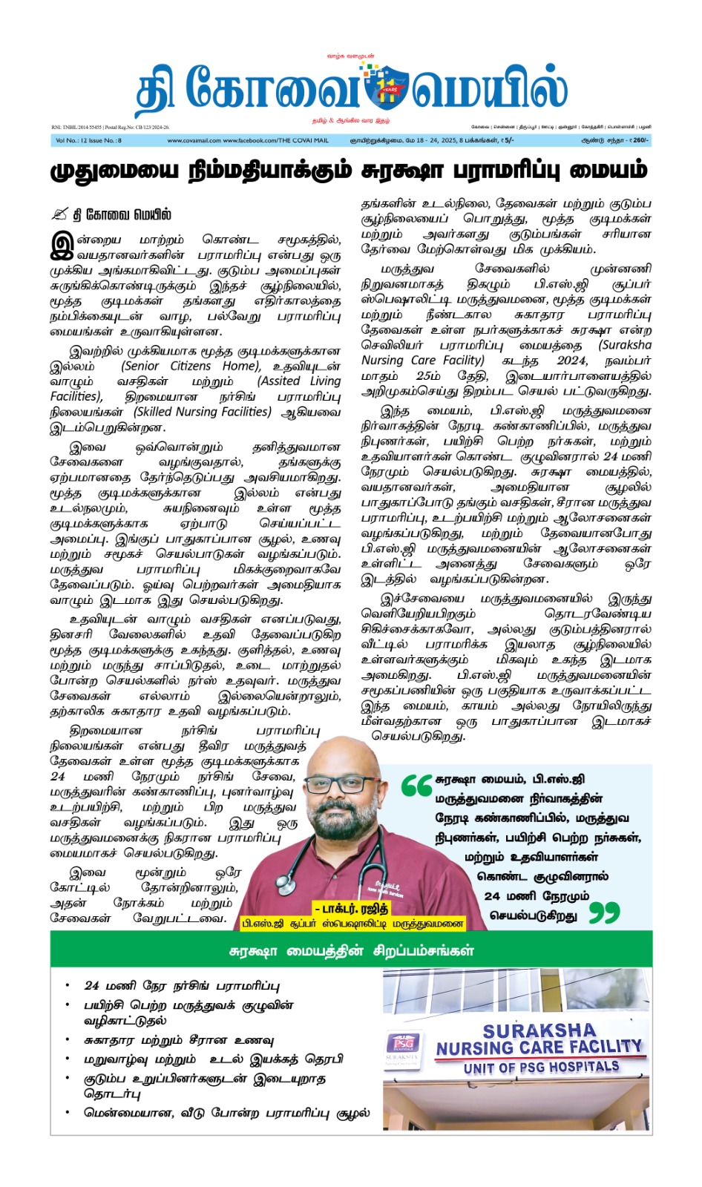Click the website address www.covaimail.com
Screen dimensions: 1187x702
pyautogui.click(x=194, y=140)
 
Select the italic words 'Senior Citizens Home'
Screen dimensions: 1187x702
pyautogui.click(x=191, y=366)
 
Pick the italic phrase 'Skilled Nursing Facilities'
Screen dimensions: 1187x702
pyautogui.click(x=202, y=412)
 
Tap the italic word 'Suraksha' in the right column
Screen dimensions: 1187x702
pyautogui.click(x=626, y=345)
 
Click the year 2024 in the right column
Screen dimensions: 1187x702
pyautogui.click(x=571, y=361)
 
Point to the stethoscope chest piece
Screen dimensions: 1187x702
pyautogui.click(x=286, y=885)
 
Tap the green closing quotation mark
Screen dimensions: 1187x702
pyautogui.click(x=604, y=913)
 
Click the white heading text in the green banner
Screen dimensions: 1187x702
pyautogui.click(x=351, y=950)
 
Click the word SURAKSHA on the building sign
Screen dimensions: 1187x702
pyautogui.click(x=539, y=1031)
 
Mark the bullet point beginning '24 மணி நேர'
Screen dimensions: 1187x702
pyautogui.click(x=182, y=986)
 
